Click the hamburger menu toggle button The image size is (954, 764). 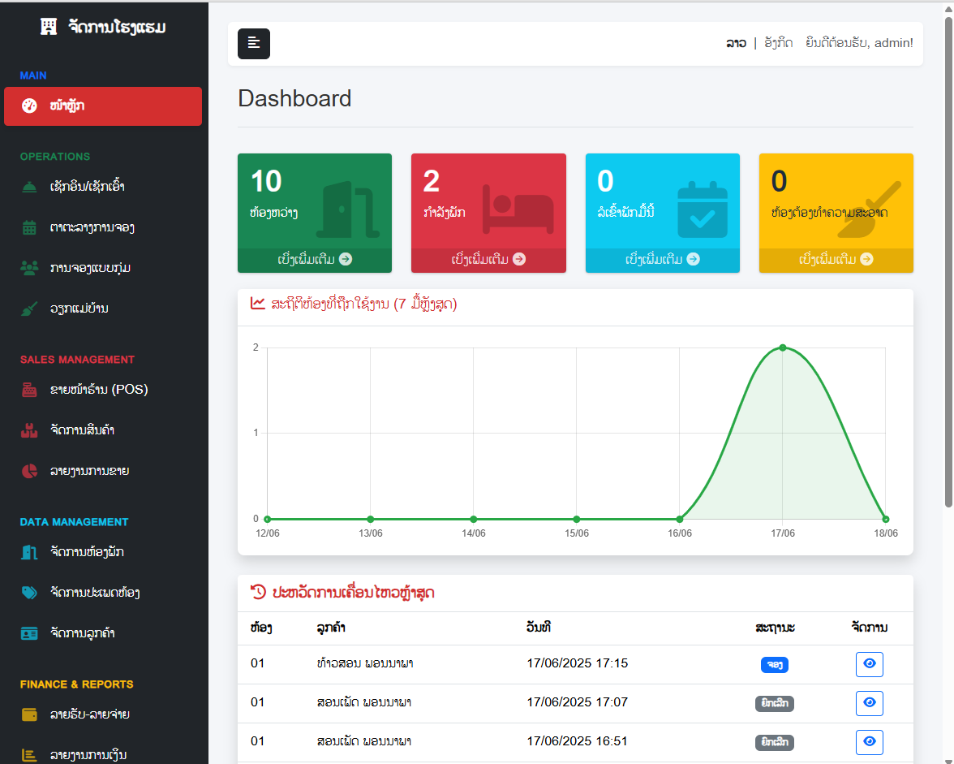(254, 44)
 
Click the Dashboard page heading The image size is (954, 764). (294, 99)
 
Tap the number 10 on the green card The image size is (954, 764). (266, 181)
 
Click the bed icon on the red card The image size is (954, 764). (518, 209)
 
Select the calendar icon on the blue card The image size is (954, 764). (703, 209)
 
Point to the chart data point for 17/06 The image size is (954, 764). (783, 347)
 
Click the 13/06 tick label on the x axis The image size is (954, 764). (371, 533)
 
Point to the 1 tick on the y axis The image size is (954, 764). (256, 433)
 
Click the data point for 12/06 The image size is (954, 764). (267, 519)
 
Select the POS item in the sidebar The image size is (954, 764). (98, 390)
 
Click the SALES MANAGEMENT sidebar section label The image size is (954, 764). (77, 360)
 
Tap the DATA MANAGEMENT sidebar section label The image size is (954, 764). (74, 522)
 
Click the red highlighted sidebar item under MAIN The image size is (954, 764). (103, 106)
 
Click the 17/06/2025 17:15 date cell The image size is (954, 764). (577, 663)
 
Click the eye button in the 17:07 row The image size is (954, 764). (870, 703)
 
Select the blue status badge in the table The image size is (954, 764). (775, 665)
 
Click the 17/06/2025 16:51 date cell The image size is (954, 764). (577, 741)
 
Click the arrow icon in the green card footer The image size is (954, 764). (346, 259)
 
